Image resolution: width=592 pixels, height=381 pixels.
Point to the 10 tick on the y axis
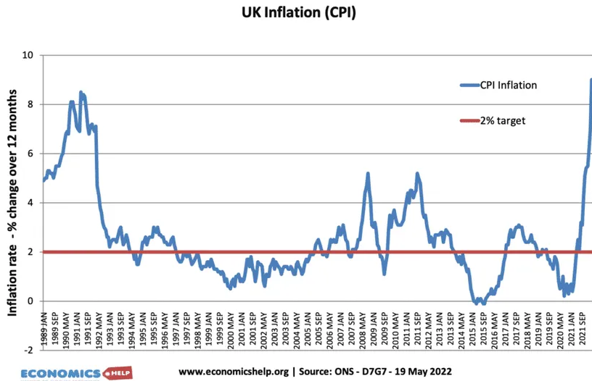pyautogui.click(x=29, y=55)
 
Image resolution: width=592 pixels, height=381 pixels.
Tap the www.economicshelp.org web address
pyautogui.click(x=234, y=372)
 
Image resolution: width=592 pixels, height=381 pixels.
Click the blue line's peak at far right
pyautogui.click(x=591, y=80)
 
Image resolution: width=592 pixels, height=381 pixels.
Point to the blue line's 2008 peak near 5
pyautogui.click(x=368, y=174)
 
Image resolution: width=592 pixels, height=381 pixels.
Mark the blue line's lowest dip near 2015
pyautogui.click(x=477, y=303)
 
